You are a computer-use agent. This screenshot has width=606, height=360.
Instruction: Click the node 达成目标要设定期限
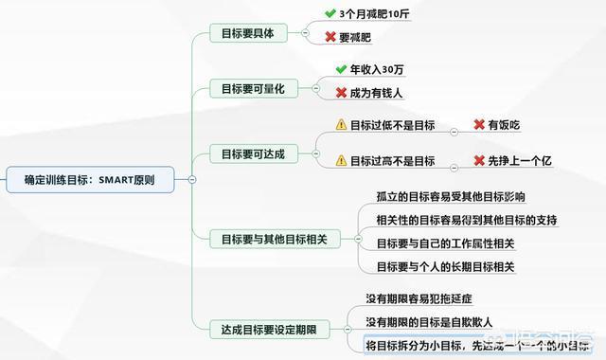tap(268, 327)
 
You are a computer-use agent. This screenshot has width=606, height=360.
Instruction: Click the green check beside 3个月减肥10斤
tap(329, 15)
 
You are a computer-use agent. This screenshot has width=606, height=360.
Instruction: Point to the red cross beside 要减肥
tap(329, 37)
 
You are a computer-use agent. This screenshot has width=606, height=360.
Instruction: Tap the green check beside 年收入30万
tap(342, 69)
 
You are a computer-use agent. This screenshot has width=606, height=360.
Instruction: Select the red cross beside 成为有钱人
tap(342, 92)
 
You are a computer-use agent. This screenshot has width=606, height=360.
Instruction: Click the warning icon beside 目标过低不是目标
tap(341, 124)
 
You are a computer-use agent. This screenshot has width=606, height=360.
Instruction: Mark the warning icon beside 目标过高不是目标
tap(341, 161)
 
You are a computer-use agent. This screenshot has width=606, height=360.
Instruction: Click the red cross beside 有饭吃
tap(479, 124)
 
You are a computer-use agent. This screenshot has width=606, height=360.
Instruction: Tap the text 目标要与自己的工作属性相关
tap(445, 243)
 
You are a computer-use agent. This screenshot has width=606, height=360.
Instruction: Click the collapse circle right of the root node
tap(192, 178)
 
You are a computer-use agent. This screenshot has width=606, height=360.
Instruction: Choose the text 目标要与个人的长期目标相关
tap(445, 266)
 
